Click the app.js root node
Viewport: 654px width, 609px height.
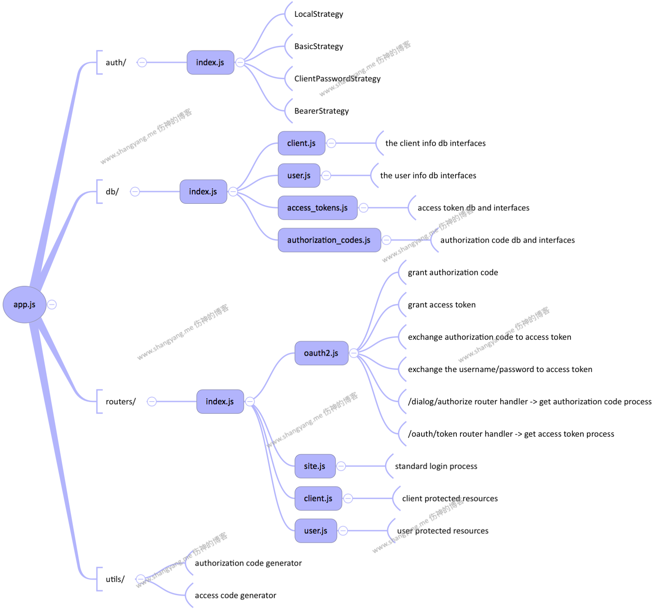pos(25,304)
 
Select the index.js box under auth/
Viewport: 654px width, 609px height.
pos(210,63)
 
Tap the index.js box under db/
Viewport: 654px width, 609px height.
pos(203,192)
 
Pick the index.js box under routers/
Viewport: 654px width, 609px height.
pos(220,401)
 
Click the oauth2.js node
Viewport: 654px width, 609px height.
pos(321,353)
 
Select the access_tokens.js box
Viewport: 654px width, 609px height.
pos(318,208)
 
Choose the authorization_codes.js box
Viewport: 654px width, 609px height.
pos(329,240)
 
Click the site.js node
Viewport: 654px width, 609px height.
pos(315,466)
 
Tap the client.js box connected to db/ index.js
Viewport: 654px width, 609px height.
pos(301,143)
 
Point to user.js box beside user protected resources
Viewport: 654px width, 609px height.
pos(316,531)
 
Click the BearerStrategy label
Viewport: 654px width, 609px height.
pos(322,111)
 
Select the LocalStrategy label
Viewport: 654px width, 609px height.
pos(319,14)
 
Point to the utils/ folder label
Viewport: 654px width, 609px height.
pos(115,579)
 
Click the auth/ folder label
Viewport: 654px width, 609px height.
pos(116,63)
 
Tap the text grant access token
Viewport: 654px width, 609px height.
pos(442,305)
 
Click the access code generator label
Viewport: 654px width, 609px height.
pos(235,595)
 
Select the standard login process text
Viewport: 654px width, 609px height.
pos(436,466)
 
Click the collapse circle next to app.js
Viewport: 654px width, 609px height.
pos(52,304)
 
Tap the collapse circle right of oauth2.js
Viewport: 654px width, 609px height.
pos(354,353)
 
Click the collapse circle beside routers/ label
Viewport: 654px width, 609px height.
pos(152,401)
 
